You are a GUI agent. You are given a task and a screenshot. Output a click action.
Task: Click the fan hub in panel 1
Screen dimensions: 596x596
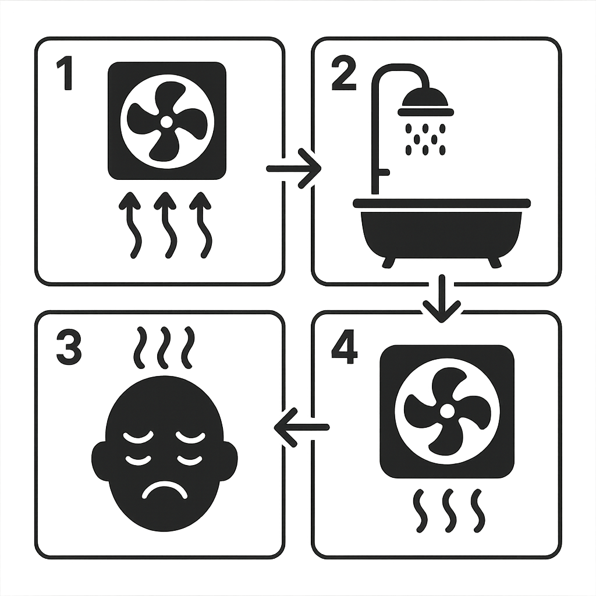click(166, 122)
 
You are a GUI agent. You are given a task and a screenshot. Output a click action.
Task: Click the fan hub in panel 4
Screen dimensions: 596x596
click(446, 411)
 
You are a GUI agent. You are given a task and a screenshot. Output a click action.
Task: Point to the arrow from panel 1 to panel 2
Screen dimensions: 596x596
click(295, 169)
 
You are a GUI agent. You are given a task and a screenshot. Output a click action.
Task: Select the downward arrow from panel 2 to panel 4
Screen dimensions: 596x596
click(442, 298)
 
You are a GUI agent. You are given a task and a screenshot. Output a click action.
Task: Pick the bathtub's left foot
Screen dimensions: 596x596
click(389, 262)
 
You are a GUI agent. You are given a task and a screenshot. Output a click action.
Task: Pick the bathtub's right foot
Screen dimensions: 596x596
click(495, 262)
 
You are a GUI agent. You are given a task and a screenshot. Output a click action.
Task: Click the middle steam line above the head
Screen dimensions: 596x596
click(164, 347)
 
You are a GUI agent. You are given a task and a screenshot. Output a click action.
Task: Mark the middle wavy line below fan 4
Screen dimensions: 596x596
click(448, 510)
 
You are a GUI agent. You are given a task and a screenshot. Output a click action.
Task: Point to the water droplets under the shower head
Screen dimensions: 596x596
click(425, 139)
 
